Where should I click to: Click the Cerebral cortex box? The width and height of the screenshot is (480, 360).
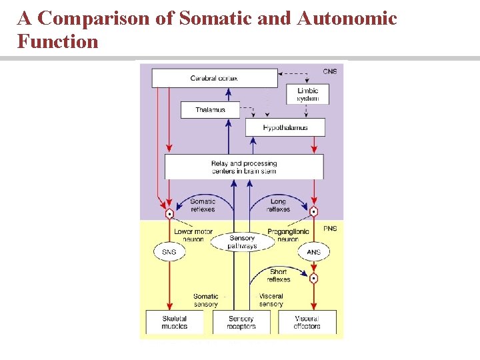[214, 79]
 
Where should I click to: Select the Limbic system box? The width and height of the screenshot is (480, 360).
[307, 95]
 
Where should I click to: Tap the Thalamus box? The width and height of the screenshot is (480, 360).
[210, 110]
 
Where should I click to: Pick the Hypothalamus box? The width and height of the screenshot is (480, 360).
[285, 127]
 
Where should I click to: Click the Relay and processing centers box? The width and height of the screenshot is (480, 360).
[243, 167]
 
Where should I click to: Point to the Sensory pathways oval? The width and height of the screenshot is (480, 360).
[242, 242]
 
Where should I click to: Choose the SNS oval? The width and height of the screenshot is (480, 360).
[169, 252]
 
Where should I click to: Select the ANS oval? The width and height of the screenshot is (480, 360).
[313, 252]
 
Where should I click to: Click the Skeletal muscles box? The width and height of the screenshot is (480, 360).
[174, 323]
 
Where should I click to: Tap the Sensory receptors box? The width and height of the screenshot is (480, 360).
[241, 323]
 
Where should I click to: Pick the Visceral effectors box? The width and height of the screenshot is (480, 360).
[307, 323]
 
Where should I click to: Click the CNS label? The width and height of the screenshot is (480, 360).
[330, 71]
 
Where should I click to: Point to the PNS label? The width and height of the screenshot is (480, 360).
[330, 228]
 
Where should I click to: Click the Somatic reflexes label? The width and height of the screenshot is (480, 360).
[203, 205]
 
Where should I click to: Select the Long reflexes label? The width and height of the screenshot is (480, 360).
[279, 205]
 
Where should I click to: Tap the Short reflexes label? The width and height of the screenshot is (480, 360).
[279, 275]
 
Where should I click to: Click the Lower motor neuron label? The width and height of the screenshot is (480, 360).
[193, 235]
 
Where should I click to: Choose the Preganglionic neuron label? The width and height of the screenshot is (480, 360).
[287, 235]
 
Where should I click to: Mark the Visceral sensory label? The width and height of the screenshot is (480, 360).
[271, 300]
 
